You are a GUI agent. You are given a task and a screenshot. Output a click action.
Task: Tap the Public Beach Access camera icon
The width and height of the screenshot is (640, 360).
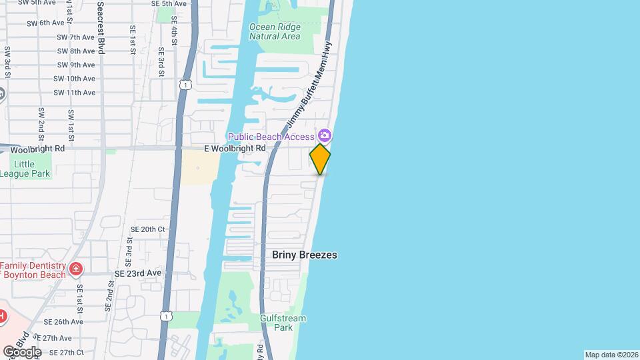(325, 135)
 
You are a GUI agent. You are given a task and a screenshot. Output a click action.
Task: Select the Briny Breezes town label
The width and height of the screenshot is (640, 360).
(305, 255)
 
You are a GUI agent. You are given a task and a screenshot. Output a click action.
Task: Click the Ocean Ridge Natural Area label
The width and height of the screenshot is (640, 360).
(275, 31)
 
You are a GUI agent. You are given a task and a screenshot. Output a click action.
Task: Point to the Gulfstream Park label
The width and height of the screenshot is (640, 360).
(283, 323)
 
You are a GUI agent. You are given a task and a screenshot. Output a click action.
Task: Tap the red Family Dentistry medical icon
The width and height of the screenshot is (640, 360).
(76, 269)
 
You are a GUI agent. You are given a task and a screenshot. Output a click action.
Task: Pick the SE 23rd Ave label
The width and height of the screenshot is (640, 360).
(138, 273)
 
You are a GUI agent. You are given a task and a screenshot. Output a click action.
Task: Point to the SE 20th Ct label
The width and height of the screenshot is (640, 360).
(148, 229)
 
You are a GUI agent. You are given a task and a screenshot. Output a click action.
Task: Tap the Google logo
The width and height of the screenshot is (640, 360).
(21, 351)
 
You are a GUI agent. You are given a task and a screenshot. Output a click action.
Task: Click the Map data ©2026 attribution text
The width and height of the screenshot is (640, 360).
(611, 355)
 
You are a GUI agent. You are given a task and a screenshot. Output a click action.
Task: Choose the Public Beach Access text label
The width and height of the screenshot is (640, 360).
(271, 137)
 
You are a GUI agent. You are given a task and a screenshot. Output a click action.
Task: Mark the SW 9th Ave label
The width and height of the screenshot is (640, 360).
(76, 65)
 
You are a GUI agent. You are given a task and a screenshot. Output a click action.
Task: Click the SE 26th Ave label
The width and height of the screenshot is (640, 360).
(61, 321)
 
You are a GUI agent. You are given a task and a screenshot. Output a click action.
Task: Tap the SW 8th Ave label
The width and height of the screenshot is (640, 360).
(76, 51)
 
